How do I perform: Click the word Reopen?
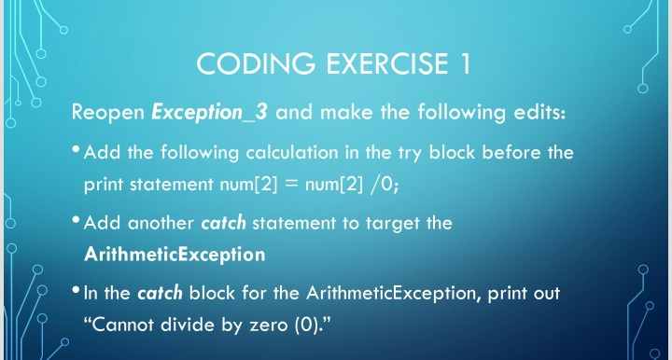(x=108, y=114)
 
